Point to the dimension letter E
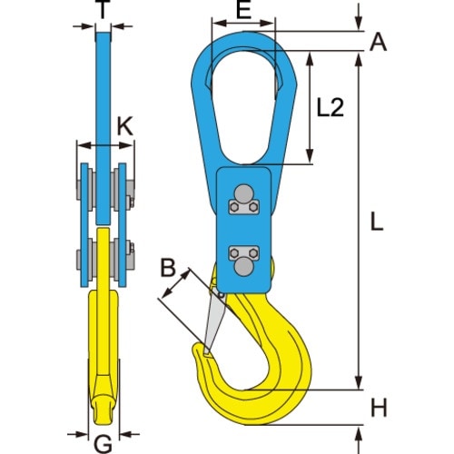pos(242,11)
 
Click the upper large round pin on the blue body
pos(242,192)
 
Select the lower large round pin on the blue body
pos(242,268)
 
